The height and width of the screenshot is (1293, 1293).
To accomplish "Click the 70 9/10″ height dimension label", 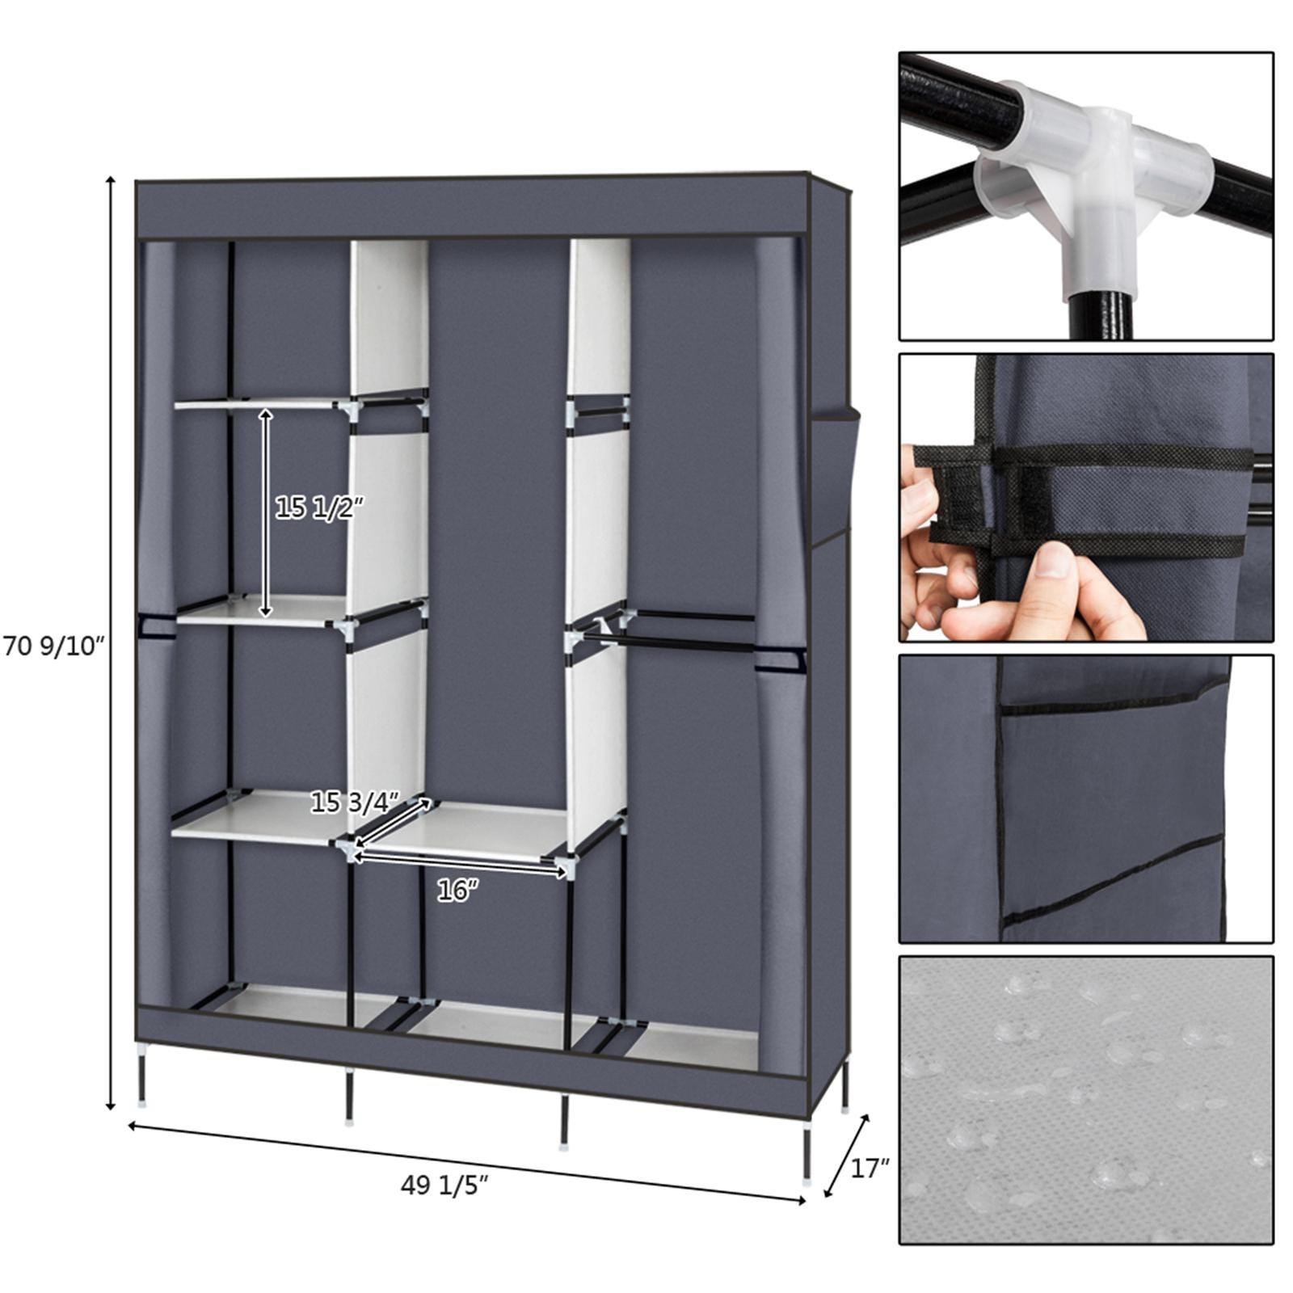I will coord(55,646).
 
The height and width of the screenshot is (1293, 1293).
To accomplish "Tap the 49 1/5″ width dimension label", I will coord(444,1186).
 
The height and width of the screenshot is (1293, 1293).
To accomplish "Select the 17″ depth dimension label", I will coord(870,1168).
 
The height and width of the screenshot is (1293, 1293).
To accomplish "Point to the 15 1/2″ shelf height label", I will coord(319,508).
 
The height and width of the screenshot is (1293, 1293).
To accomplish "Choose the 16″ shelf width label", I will coord(457,891).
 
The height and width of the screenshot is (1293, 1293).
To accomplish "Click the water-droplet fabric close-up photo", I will coord(1086,1100).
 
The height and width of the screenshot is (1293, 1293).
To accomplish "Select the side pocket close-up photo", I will coord(1086,798).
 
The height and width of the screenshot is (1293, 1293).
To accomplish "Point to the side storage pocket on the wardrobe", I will coord(832,477).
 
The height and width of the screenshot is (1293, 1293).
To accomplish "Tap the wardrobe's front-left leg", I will coord(143,1079).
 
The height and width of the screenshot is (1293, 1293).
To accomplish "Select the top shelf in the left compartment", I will coord(259,402).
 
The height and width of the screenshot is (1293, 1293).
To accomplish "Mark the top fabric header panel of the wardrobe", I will coord(473,208).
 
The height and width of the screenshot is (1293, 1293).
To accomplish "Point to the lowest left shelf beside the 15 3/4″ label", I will coord(251,818).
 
